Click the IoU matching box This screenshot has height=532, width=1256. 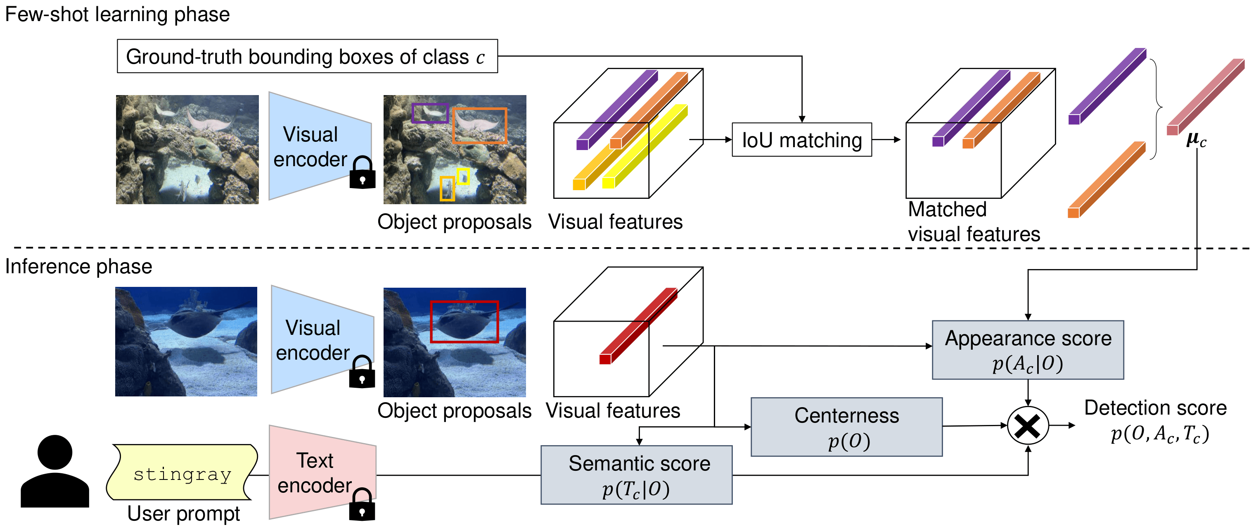tap(801, 140)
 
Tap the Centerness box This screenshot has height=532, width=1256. tap(846, 427)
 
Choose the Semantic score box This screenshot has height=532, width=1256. tap(636, 475)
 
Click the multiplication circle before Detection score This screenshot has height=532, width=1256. tap(1028, 426)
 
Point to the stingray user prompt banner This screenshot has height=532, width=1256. tap(182, 472)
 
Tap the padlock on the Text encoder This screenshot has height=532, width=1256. tap(362, 505)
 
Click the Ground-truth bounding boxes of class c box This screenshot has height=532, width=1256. tap(307, 56)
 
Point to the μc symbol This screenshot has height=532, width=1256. tap(1196, 140)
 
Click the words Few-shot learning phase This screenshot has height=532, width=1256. tap(117, 14)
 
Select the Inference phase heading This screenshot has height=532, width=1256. tap(78, 267)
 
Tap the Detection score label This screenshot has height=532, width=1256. tap(1155, 408)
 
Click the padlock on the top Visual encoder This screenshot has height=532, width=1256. tap(362, 173)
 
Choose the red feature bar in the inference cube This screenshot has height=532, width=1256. tap(638, 325)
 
